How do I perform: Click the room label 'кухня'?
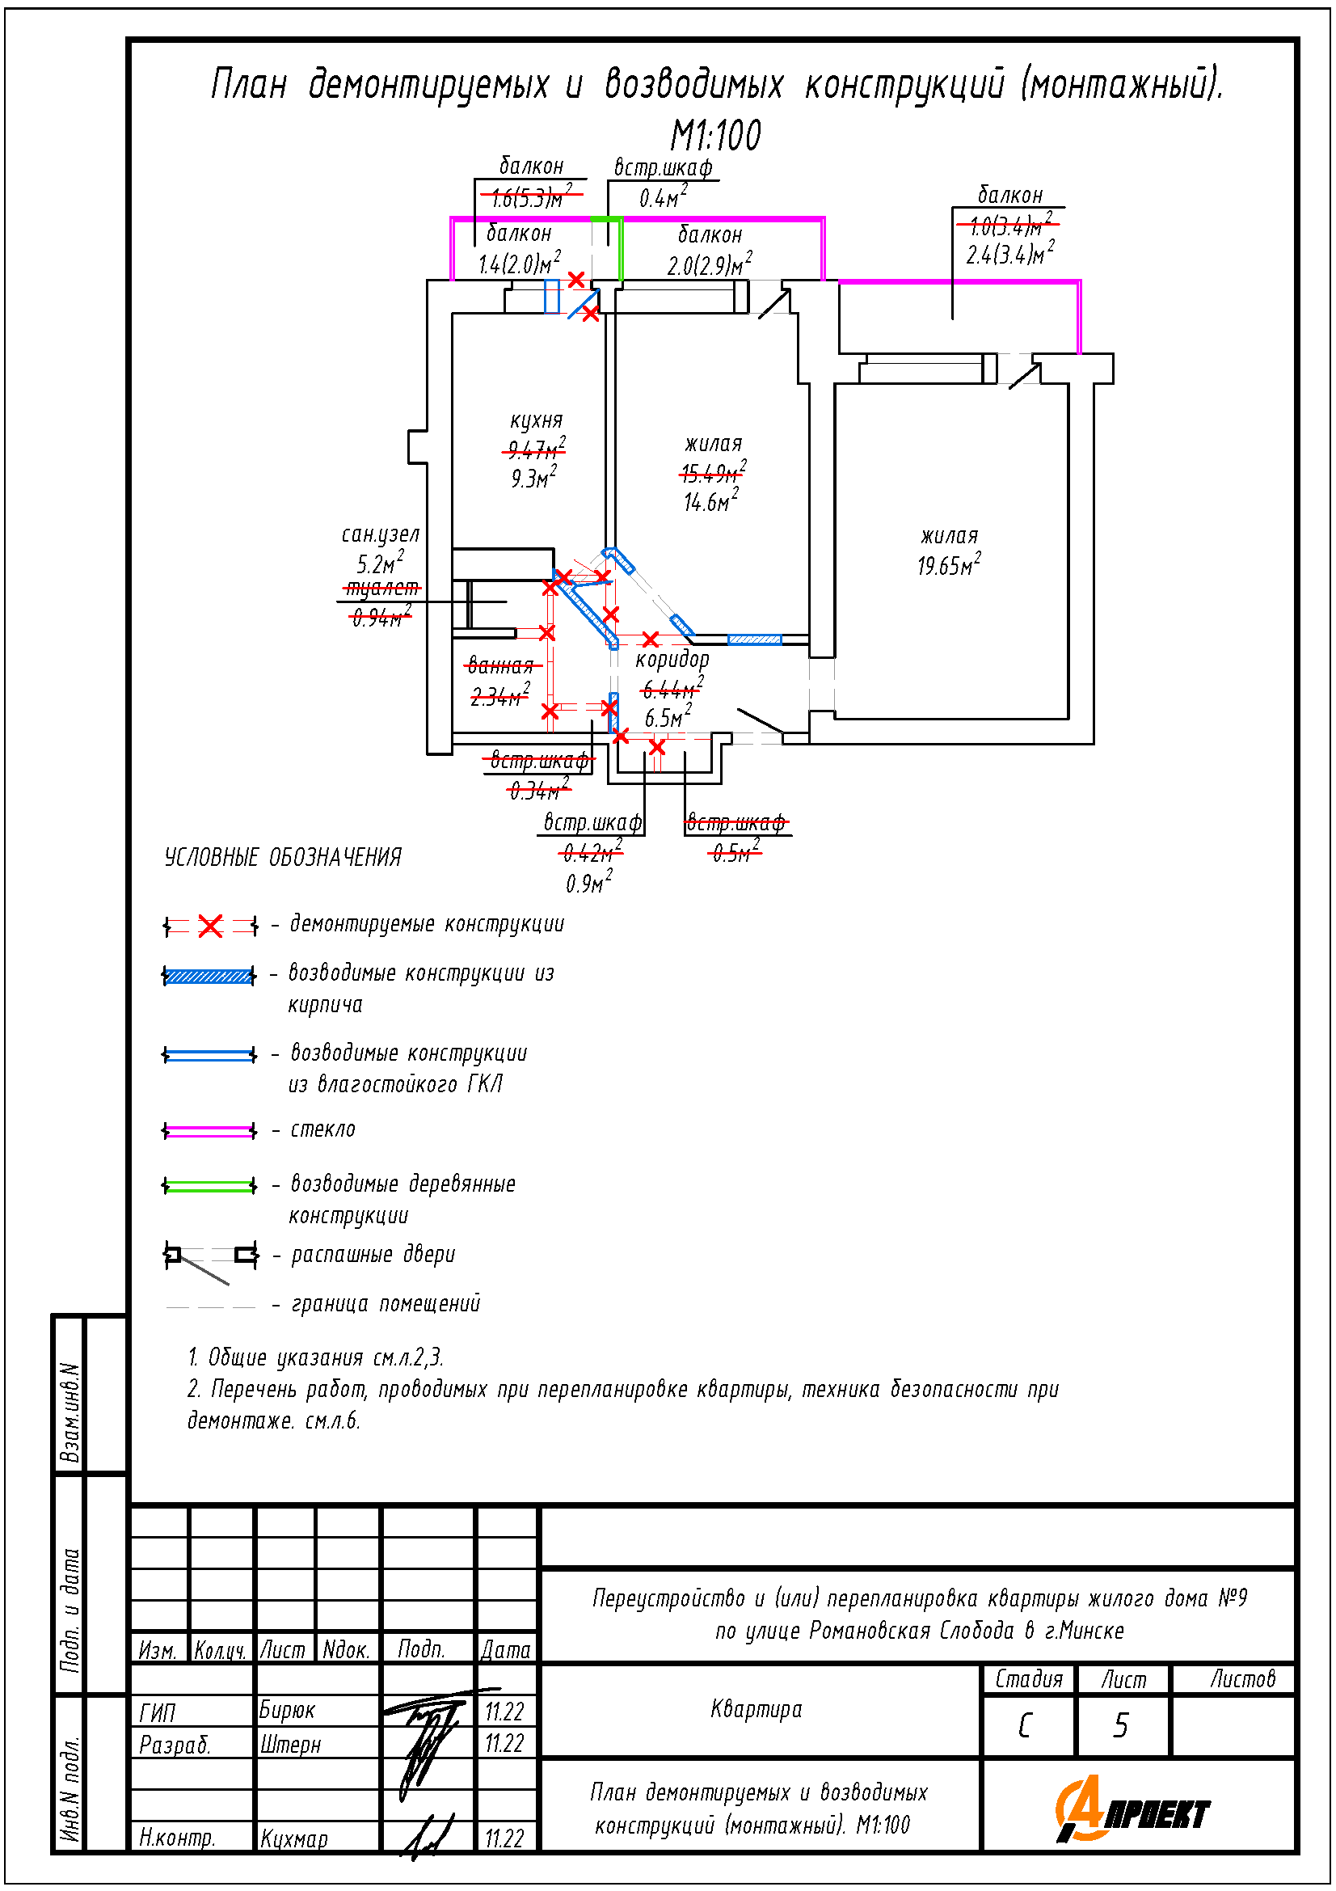click(x=536, y=421)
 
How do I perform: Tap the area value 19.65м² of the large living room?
click(x=949, y=566)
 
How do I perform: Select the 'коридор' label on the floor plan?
click(x=672, y=659)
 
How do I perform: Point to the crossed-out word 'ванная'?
click(x=499, y=665)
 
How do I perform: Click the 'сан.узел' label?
click(x=381, y=534)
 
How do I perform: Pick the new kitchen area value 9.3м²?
click(x=533, y=478)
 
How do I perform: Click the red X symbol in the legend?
click(x=211, y=927)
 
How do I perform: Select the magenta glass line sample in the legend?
click(x=210, y=1131)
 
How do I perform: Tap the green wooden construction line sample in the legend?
click(x=210, y=1186)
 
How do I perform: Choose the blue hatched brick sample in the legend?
click(x=209, y=977)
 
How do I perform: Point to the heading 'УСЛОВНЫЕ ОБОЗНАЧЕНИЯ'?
click(x=282, y=857)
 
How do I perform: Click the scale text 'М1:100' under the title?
click(x=715, y=136)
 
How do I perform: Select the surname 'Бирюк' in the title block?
click(x=287, y=1711)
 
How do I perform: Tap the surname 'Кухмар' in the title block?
click(x=294, y=1839)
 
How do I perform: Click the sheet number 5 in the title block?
click(x=1120, y=1725)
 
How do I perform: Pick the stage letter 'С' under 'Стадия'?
click(x=1025, y=1725)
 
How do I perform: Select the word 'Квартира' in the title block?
click(x=756, y=1709)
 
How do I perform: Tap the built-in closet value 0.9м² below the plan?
click(x=588, y=884)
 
